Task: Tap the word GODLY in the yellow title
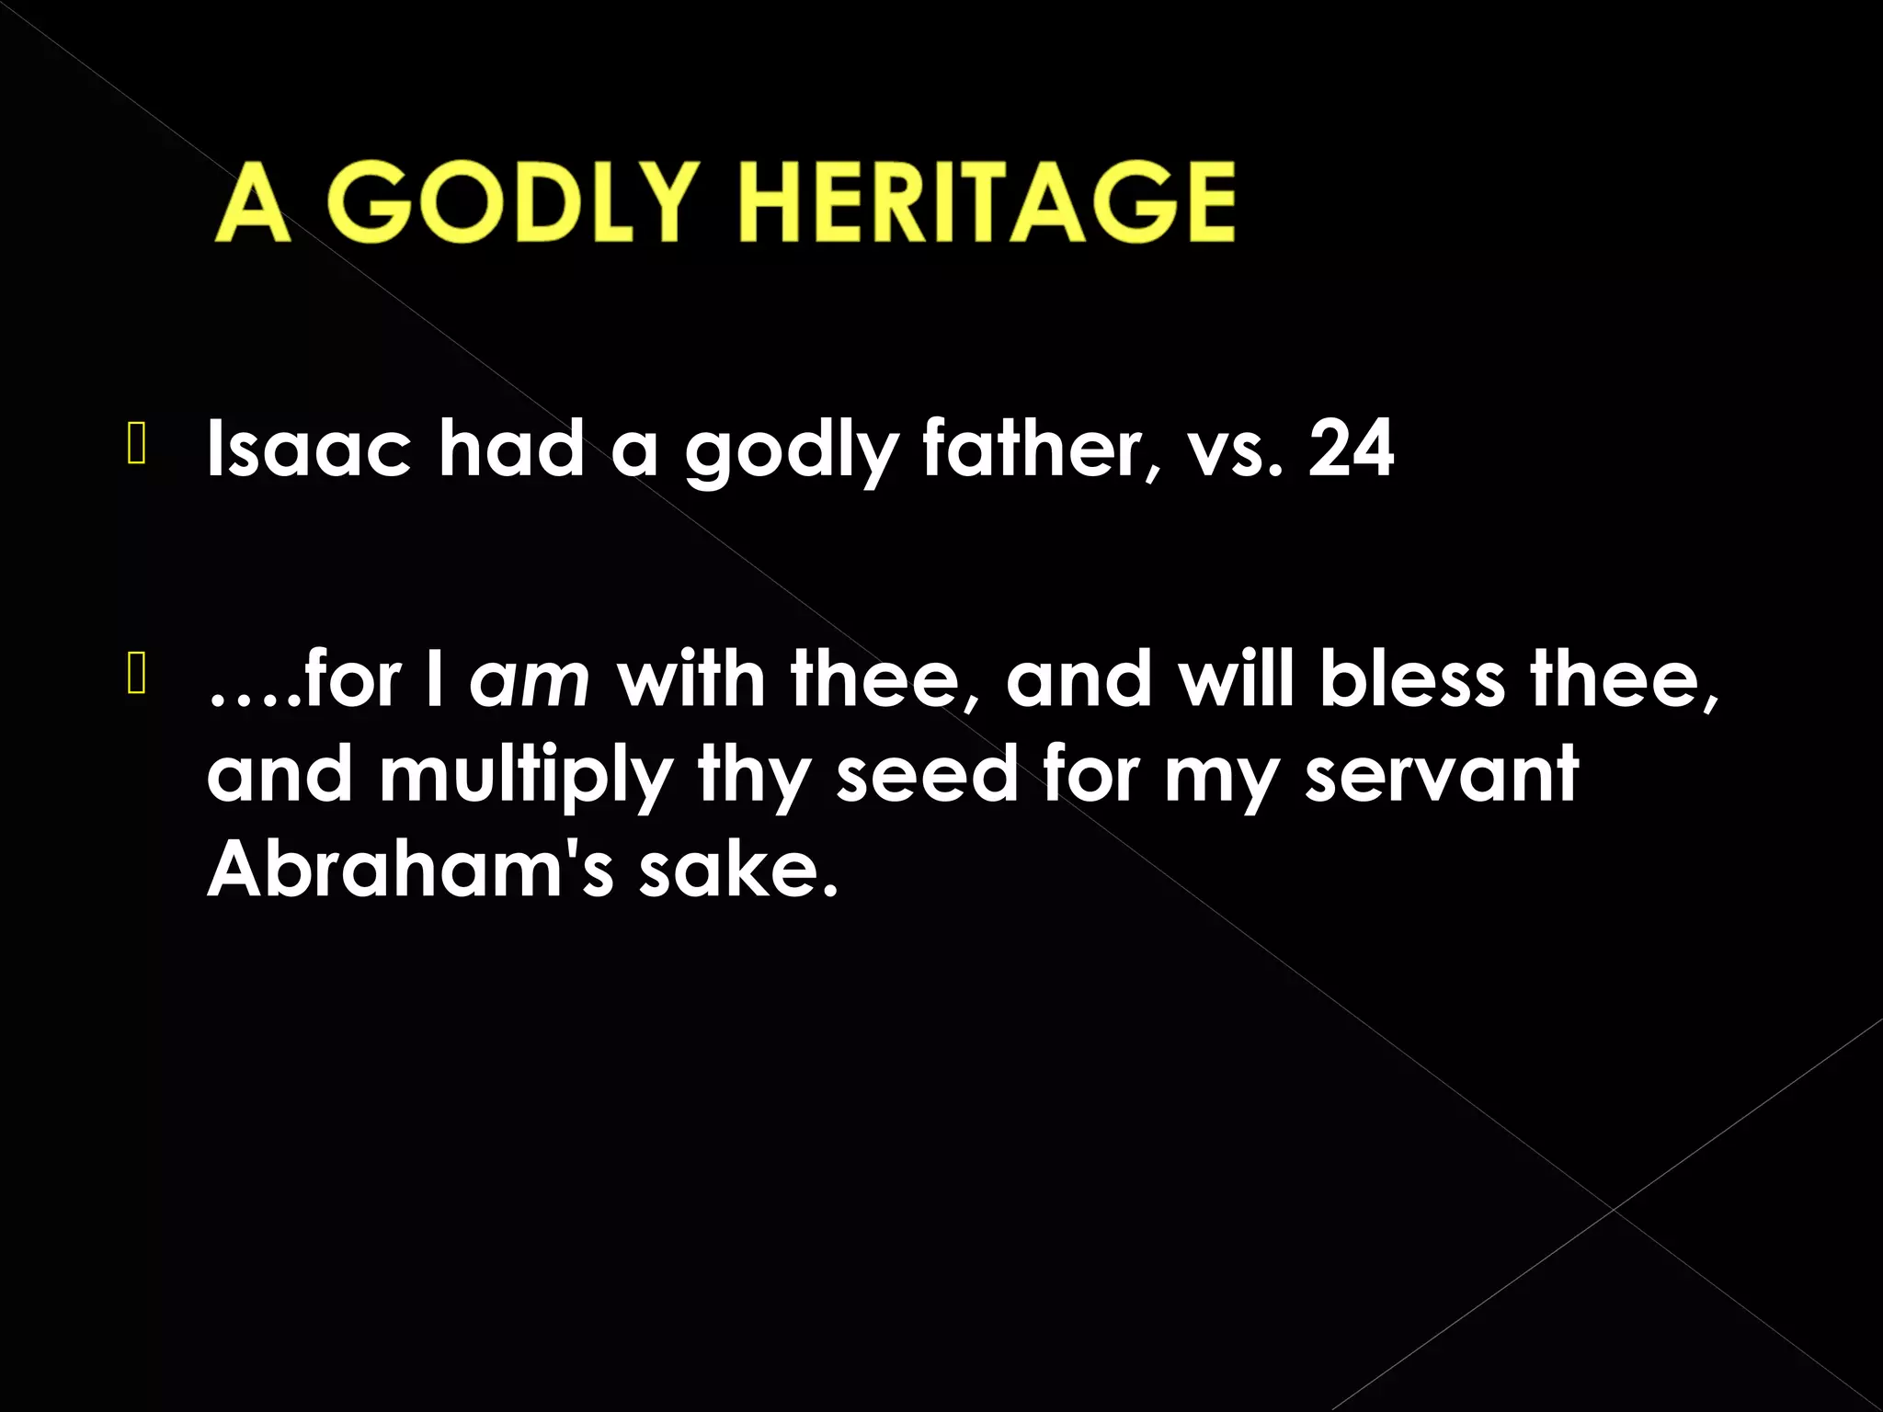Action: (519, 203)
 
